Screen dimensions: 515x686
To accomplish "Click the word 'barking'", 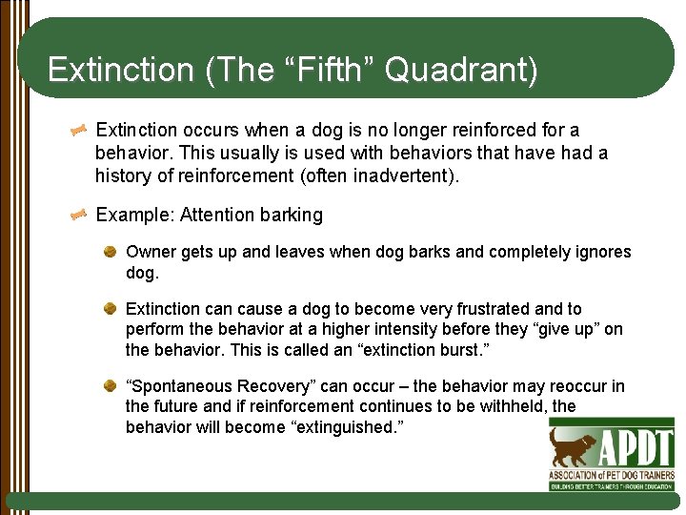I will [x=292, y=215].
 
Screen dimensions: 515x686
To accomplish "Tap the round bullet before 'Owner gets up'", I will [x=111, y=252].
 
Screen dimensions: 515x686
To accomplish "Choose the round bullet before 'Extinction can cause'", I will [x=111, y=308].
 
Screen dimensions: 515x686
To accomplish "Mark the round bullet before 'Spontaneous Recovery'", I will [x=111, y=385].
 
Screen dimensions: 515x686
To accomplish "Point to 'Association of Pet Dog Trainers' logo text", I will [x=611, y=474].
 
